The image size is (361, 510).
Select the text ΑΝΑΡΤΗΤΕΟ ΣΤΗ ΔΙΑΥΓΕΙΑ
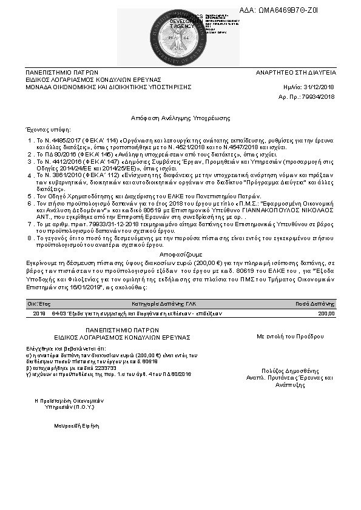click(295, 72)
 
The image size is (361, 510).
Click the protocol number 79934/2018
click(319, 96)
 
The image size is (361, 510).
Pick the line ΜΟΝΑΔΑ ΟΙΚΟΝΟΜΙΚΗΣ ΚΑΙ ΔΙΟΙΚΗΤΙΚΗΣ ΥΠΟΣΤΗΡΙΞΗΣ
click(108, 87)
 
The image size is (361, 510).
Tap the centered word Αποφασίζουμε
click(180, 255)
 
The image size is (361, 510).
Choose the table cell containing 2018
click(39, 313)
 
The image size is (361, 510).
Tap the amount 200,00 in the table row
click(326, 313)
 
